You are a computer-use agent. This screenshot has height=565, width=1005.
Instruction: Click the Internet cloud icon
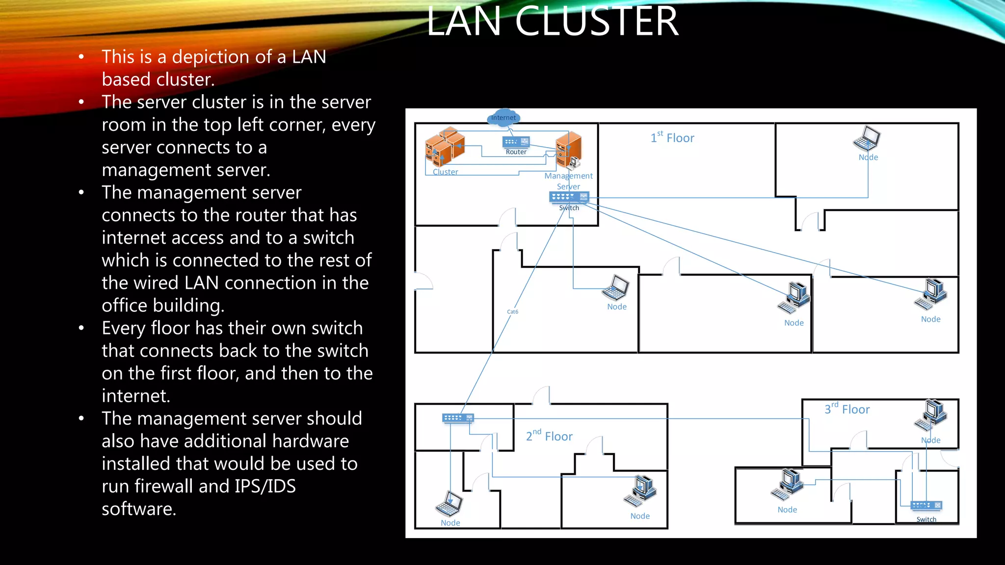tap(503, 118)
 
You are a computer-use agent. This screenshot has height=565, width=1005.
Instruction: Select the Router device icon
tap(516, 142)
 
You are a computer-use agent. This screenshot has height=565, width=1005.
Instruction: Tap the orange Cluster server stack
tap(445, 146)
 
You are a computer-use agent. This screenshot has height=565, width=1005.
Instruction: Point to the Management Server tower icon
tap(569, 149)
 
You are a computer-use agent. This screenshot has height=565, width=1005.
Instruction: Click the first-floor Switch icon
tap(569, 197)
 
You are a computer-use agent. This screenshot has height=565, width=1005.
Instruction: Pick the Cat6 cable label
tap(512, 312)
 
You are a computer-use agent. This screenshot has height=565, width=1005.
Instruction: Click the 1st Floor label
tap(672, 138)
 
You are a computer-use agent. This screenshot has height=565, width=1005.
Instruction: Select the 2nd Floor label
tap(549, 436)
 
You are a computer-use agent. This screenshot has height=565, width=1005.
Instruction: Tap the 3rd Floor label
tap(847, 409)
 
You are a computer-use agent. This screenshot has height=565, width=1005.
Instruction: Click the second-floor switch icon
tap(458, 418)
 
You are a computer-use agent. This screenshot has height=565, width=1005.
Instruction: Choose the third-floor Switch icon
tap(926, 506)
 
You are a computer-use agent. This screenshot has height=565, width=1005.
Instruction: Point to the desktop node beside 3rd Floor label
tap(931, 415)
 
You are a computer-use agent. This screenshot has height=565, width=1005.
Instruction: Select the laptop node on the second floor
tap(449, 504)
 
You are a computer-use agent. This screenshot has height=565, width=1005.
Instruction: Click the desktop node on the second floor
tap(640, 491)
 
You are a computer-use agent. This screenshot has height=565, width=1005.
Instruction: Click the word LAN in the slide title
tap(464, 22)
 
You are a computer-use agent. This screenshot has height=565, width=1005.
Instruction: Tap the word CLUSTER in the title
tap(596, 22)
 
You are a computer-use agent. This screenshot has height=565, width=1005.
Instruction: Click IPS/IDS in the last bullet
tap(265, 486)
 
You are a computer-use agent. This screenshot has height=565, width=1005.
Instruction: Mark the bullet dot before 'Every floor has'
tap(81, 328)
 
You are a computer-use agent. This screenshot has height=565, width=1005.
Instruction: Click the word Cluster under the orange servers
tap(445, 172)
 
